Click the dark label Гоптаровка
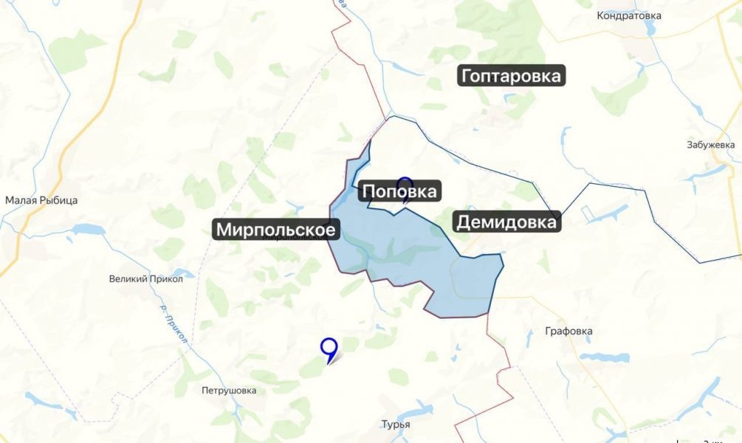coord(512,76)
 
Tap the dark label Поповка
coord(400,192)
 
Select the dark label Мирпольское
coord(276,230)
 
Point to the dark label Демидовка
coord(507,221)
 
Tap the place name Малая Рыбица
coord(41,200)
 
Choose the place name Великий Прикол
coord(140,278)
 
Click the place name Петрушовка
coord(229,391)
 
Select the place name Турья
coord(395,425)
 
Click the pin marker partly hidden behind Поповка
coord(405,183)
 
